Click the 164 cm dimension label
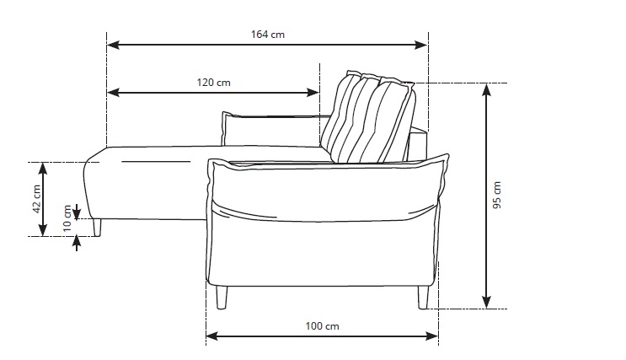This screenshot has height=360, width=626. click(266, 35)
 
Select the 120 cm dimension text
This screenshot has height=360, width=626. click(214, 83)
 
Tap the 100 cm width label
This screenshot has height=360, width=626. click(323, 325)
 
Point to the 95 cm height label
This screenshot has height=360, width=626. click(497, 195)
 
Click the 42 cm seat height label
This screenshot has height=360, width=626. click(36, 199)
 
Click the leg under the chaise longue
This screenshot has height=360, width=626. click(99, 227)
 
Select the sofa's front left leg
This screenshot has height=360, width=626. click(222, 297)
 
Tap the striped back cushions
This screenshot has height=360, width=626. click(371, 118)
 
